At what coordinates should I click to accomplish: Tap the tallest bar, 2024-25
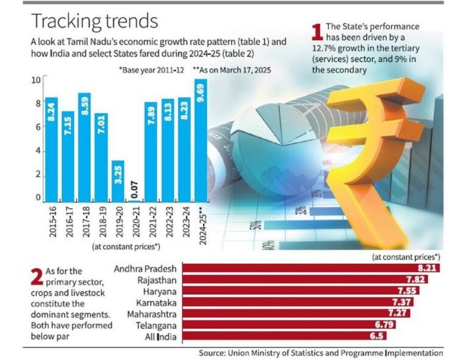point(200,141)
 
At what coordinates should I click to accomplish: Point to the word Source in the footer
point(213,353)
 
